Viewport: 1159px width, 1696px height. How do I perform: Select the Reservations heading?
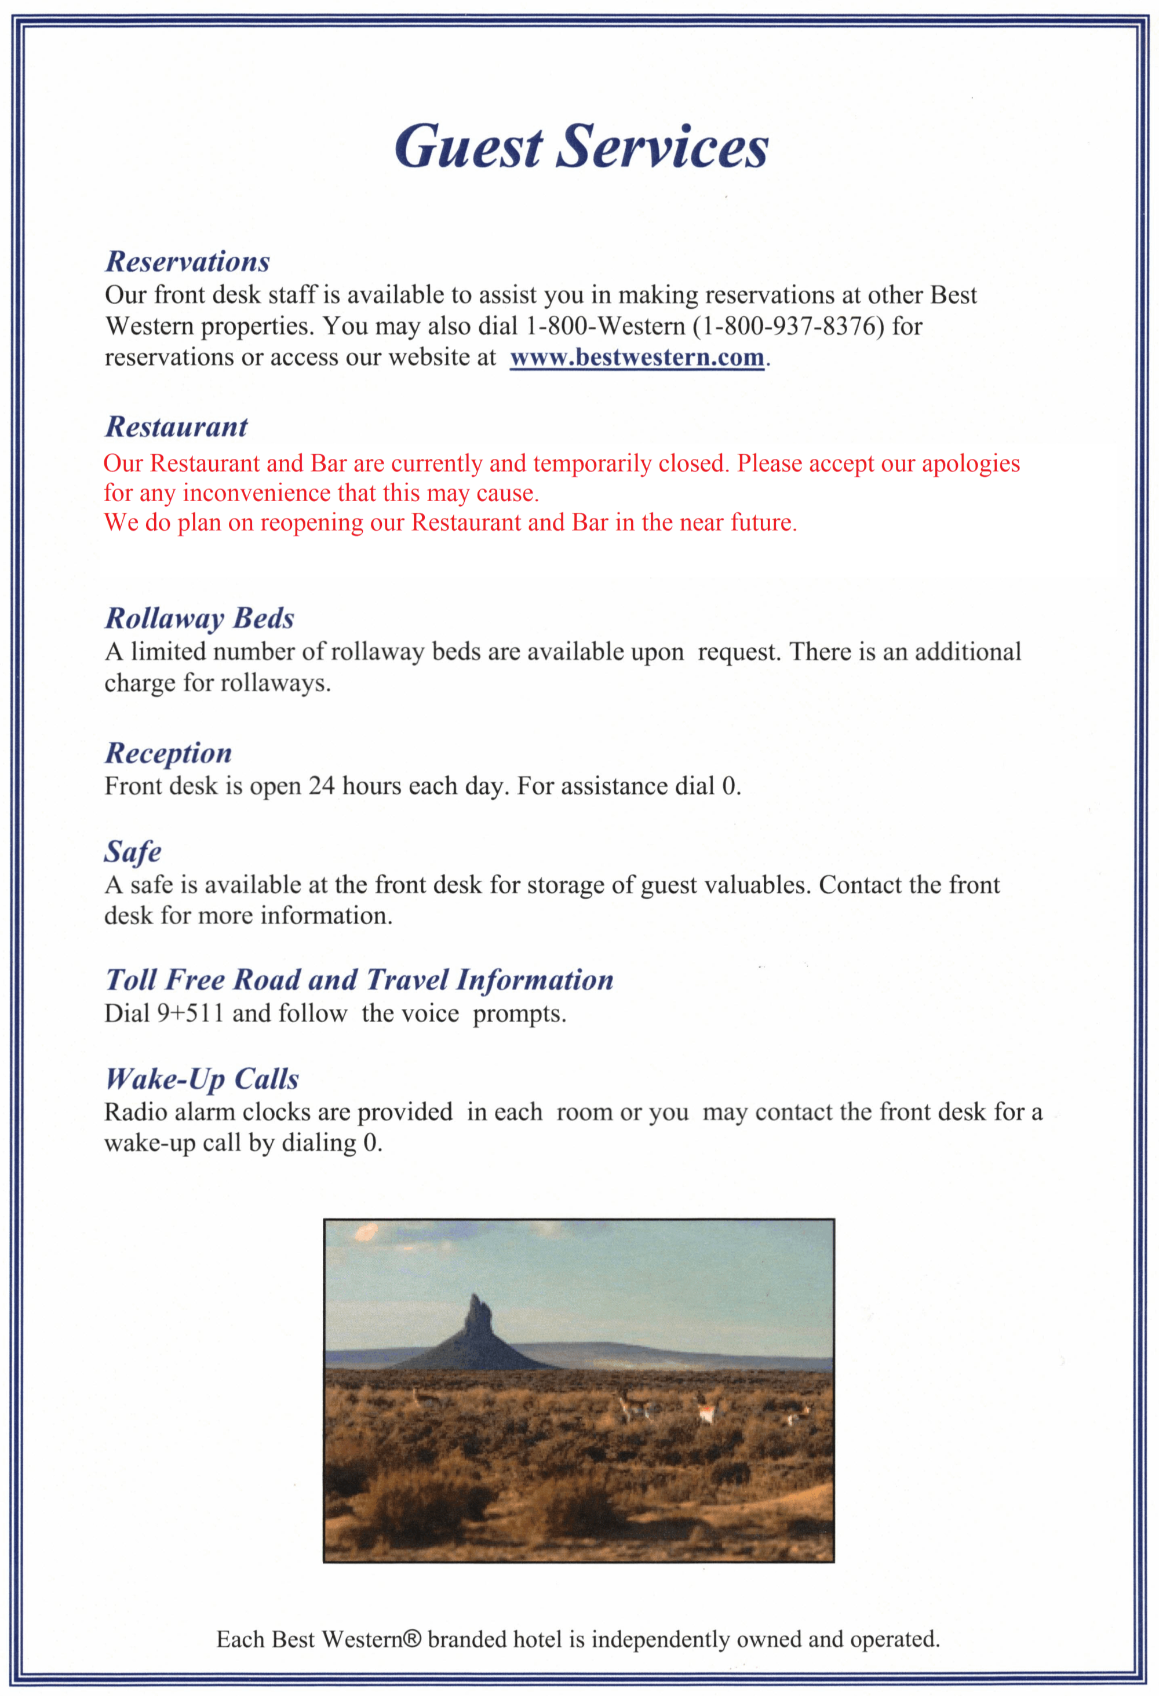[188, 261]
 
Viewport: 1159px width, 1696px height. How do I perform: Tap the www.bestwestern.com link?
[637, 358]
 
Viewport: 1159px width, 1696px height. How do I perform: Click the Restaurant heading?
[177, 427]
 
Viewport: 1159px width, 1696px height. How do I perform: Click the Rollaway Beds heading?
[199, 618]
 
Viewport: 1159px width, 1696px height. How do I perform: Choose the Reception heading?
[169, 753]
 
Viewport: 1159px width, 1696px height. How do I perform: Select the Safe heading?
[132, 852]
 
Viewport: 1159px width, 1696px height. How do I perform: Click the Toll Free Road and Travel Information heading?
[359, 980]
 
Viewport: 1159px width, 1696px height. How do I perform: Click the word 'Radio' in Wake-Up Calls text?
[133, 1112]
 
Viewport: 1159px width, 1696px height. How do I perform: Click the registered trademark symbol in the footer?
[413, 1640]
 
